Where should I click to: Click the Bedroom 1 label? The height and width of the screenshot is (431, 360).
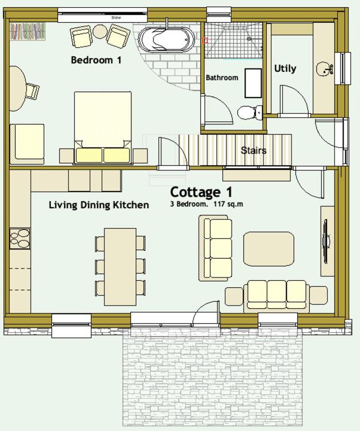[x=96, y=60]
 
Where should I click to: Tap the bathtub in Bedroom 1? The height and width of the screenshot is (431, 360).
[x=166, y=40]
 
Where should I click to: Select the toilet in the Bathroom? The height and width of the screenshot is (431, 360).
[x=248, y=112]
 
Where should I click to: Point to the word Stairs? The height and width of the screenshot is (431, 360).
[x=254, y=151]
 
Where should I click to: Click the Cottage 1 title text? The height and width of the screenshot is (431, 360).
[x=201, y=192]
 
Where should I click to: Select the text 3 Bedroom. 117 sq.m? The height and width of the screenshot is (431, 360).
[x=206, y=204]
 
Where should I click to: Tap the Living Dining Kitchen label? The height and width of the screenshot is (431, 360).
[x=99, y=205]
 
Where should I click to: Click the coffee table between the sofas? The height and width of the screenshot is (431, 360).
[x=269, y=248]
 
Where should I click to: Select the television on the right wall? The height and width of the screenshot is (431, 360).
[x=327, y=241]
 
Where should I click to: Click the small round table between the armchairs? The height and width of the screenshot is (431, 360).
[x=99, y=32]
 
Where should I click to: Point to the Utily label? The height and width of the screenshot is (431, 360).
[x=285, y=68]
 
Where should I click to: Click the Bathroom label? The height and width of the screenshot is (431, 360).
[x=222, y=78]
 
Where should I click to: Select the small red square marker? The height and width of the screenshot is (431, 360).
[x=205, y=41]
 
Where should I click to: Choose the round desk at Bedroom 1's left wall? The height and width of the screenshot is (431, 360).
[x=17, y=89]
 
